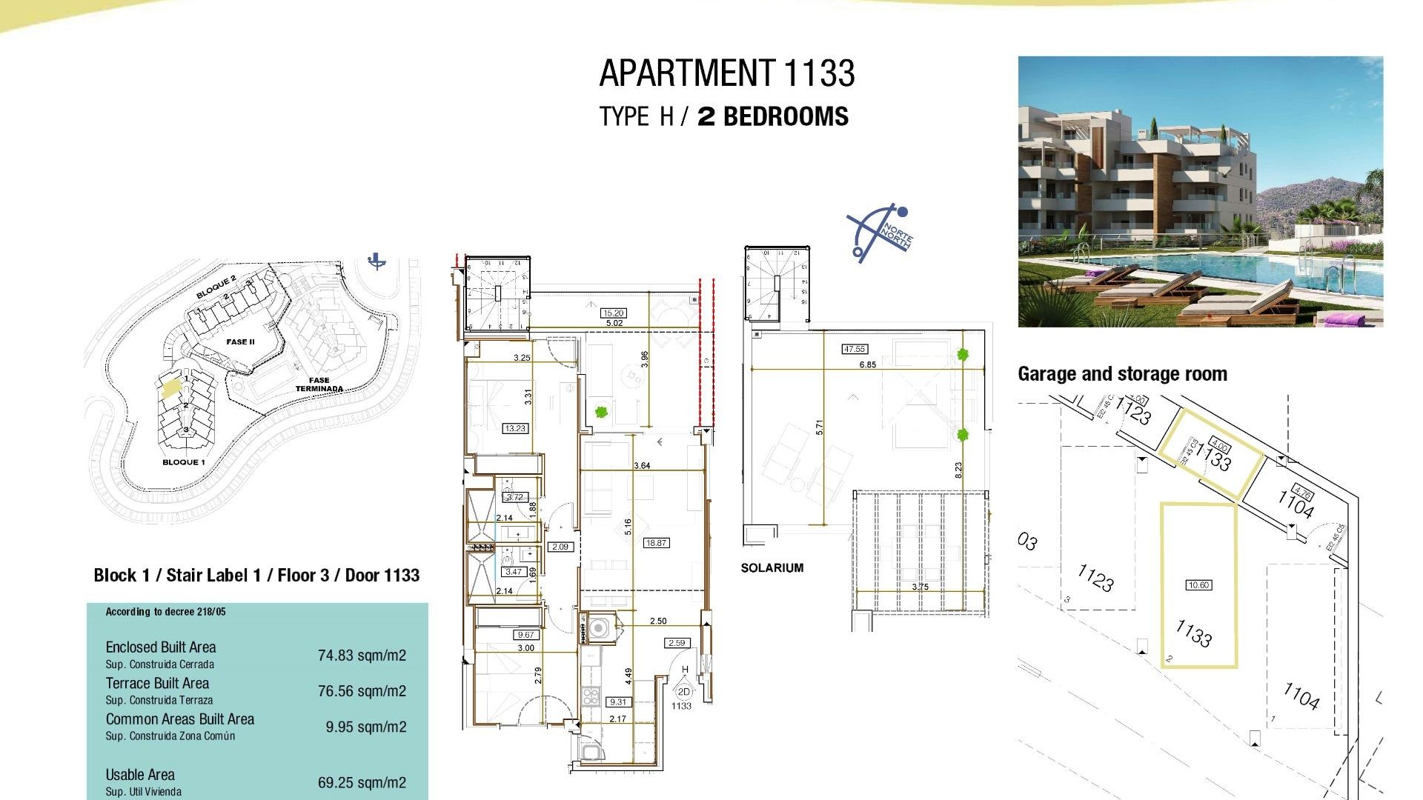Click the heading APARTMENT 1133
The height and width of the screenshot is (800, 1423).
pyautogui.click(x=726, y=73)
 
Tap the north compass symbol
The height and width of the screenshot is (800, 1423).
pyautogui.click(x=880, y=233)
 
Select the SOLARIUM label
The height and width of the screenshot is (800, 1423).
pyautogui.click(x=772, y=568)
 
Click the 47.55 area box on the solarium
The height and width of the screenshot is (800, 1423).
pyautogui.click(x=855, y=349)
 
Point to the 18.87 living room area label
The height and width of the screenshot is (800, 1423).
pyautogui.click(x=656, y=543)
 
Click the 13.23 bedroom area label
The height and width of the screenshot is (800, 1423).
pyautogui.click(x=515, y=428)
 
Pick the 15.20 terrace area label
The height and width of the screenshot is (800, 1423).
pyautogui.click(x=613, y=313)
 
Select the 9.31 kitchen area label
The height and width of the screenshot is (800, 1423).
pyautogui.click(x=617, y=702)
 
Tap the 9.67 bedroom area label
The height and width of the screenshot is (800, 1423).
pyautogui.click(x=525, y=635)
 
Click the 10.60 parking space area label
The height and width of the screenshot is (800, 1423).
pyautogui.click(x=1198, y=585)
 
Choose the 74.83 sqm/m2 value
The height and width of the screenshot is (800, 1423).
pyautogui.click(x=362, y=656)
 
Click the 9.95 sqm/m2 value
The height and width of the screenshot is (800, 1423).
pyautogui.click(x=366, y=727)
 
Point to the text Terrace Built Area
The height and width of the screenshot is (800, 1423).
pyautogui.click(x=157, y=684)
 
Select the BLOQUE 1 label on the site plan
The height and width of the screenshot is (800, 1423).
pyautogui.click(x=183, y=462)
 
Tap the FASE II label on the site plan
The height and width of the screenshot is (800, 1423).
pyautogui.click(x=240, y=342)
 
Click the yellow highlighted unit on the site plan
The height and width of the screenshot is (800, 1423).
pyautogui.click(x=171, y=389)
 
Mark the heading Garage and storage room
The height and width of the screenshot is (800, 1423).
pyautogui.click(x=1122, y=374)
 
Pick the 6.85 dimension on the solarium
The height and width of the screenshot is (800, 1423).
pyautogui.click(x=867, y=365)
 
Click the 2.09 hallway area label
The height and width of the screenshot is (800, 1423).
pyautogui.click(x=560, y=547)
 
